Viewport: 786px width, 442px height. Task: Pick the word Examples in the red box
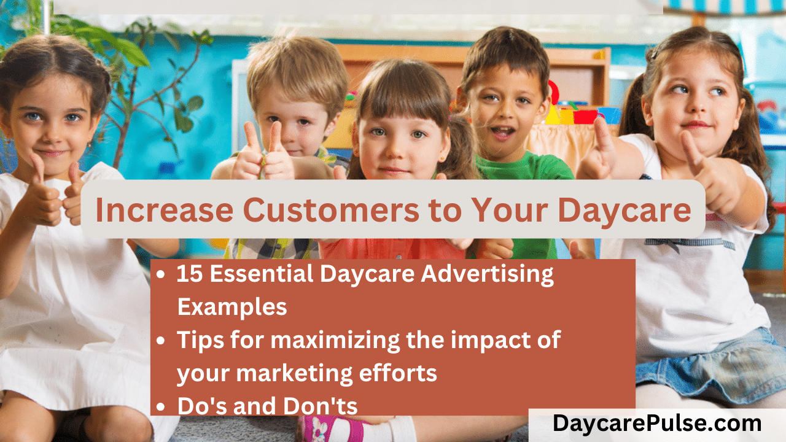pyautogui.click(x=232, y=307)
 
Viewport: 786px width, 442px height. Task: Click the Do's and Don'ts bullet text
pyautogui.click(x=267, y=405)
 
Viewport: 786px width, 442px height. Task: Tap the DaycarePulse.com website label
pyautogui.click(x=657, y=424)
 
